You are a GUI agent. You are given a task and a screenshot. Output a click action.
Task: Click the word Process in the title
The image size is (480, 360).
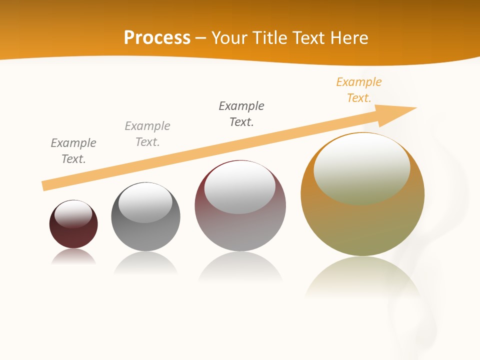(157, 38)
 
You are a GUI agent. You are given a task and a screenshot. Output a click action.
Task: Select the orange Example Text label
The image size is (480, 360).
(358, 90)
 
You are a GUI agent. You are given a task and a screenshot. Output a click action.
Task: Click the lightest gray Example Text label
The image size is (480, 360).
(147, 134)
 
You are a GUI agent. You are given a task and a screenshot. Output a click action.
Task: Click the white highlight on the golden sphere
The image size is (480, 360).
(361, 167)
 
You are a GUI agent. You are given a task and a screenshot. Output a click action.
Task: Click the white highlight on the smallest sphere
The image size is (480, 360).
(73, 214)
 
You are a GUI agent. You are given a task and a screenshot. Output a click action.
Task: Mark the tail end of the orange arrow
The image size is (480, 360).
(46, 185)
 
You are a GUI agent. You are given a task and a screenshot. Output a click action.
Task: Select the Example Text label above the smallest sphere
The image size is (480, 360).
(73, 151)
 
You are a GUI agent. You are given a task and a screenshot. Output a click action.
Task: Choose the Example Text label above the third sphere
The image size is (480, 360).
(241, 114)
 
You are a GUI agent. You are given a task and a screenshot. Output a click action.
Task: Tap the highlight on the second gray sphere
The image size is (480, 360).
(145, 202)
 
